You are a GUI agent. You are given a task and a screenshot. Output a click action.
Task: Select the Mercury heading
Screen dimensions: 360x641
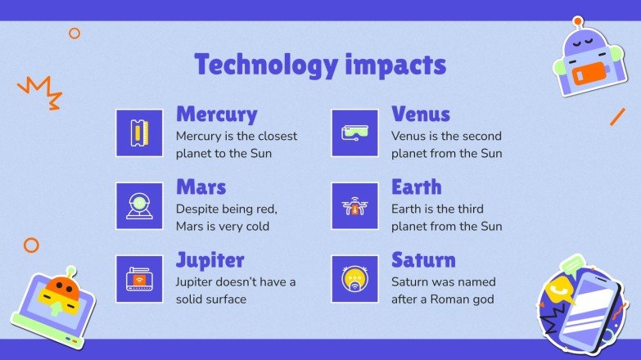point(216,114)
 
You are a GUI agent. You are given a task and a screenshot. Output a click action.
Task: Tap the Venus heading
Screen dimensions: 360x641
point(421,114)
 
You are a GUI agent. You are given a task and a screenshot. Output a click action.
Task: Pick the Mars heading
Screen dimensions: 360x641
point(201,187)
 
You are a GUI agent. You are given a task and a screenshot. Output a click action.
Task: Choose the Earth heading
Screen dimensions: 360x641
point(416,187)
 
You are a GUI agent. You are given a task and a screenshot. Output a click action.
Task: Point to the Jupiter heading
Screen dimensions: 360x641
point(210,261)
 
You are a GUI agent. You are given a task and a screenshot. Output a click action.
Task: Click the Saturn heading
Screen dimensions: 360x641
point(423,261)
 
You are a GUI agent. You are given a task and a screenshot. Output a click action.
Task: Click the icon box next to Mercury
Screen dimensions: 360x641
point(139,133)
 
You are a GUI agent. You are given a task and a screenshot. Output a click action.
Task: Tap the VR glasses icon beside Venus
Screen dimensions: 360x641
point(354,133)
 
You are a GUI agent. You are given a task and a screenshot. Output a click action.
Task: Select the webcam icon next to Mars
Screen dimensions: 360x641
point(139,206)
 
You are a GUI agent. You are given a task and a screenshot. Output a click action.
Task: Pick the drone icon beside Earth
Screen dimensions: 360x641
point(354,206)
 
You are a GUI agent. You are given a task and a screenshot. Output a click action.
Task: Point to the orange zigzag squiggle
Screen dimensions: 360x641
point(40,91)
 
